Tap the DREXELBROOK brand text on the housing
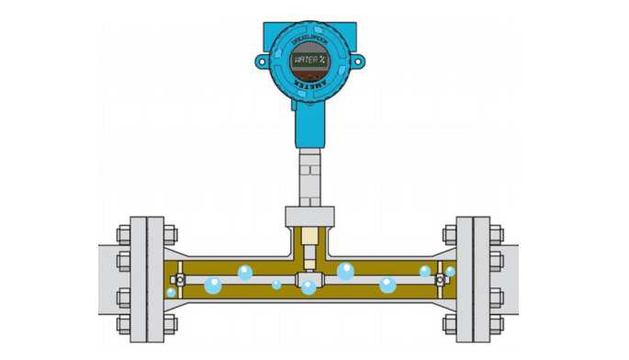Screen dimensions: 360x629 point(309,42)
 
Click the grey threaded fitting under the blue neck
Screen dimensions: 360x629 point(309,174)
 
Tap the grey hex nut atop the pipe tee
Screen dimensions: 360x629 point(309,217)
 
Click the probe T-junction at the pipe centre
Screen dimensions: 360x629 point(309,276)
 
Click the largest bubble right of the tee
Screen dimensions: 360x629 point(346,271)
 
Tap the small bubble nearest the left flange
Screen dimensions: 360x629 point(172,292)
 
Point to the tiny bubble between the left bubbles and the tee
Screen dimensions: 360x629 point(276,285)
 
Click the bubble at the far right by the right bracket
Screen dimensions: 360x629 point(450,272)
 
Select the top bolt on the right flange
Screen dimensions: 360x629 point(496,229)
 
